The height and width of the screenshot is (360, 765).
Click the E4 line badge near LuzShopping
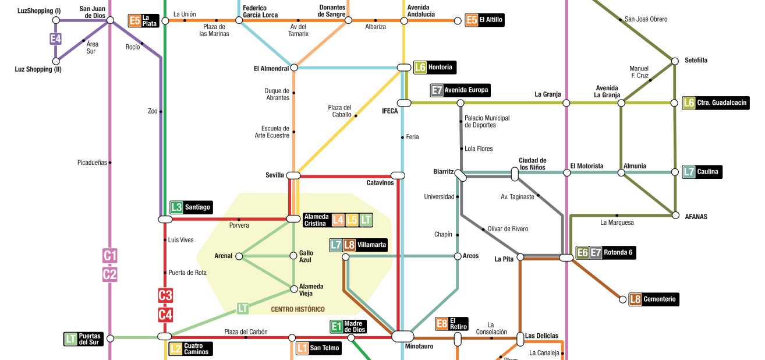tap(55, 39)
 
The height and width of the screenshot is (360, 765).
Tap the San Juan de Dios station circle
tap(110, 20)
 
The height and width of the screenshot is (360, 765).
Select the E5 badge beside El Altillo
tap(472, 20)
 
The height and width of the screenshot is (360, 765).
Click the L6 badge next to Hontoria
tap(420, 67)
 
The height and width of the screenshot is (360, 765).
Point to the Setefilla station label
tap(696, 61)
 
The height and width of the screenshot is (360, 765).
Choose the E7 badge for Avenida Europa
tap(437, 90)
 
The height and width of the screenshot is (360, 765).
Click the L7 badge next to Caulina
tap(689, 172)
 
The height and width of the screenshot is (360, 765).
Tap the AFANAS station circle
tap(675, 215)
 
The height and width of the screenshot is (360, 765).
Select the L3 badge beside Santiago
tap(176, 207)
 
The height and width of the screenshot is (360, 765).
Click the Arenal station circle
tap(239, 256)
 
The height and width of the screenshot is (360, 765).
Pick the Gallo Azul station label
tap(306, 256)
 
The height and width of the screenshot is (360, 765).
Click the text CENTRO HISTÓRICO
tap(297, 309)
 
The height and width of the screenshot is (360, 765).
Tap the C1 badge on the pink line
tap(110, 255)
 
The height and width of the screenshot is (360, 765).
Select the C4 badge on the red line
tap(165, 315)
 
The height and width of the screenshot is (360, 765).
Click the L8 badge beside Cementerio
tap(635, 299)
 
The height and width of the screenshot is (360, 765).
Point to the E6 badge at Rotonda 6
tap(582, 253)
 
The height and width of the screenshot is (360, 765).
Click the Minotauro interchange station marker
tap(402, 336)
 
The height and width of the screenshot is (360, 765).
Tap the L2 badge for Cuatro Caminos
tap(175, 349)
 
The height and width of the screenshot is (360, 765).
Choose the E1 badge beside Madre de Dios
tap(336, 327)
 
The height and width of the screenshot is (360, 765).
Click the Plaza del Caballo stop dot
tap(356, 116)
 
